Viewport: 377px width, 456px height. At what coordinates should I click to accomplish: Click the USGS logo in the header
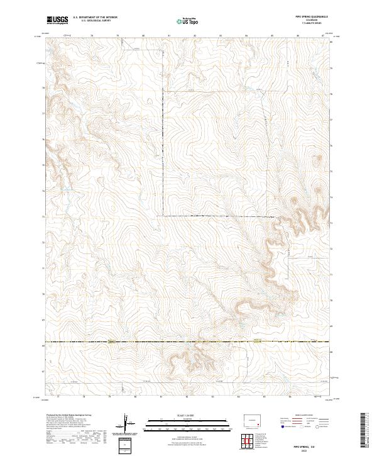[57, 21]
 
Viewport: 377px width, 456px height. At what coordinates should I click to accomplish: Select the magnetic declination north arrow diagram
[128, 423]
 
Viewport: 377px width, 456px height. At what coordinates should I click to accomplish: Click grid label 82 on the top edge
[195, 36]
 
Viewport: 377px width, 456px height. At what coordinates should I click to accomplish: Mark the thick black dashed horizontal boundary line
[188, 342]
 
